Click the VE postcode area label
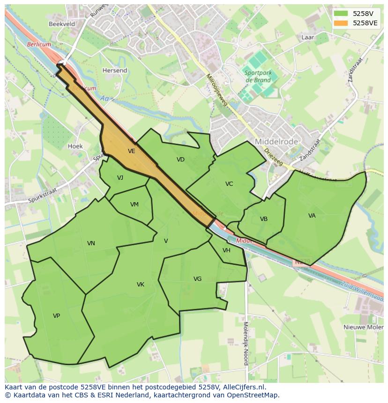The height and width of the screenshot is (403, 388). point(131,151)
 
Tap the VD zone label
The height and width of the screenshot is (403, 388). point(180,160)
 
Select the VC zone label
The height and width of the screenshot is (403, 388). point(229,184)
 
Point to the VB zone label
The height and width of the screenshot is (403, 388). point(263,219)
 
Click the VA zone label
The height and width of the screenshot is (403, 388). point(312,216)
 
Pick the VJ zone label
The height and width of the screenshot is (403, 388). point(120,177)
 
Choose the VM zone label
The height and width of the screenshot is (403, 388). point(134,205)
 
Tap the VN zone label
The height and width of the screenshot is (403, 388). point(91,243)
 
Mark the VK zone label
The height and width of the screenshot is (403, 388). point(140,285)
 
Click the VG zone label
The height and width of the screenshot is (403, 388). point(197,279)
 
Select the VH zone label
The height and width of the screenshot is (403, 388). point(226,250)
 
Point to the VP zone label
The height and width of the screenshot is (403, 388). point(56,316)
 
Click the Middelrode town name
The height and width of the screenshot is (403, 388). point(273,141)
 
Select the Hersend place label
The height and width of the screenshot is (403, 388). point(115,71)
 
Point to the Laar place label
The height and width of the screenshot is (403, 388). point(308,37)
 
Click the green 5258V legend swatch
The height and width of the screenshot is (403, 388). point(341,14)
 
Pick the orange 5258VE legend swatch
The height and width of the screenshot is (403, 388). point(341,22)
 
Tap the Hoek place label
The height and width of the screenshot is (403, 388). point(75,146)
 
